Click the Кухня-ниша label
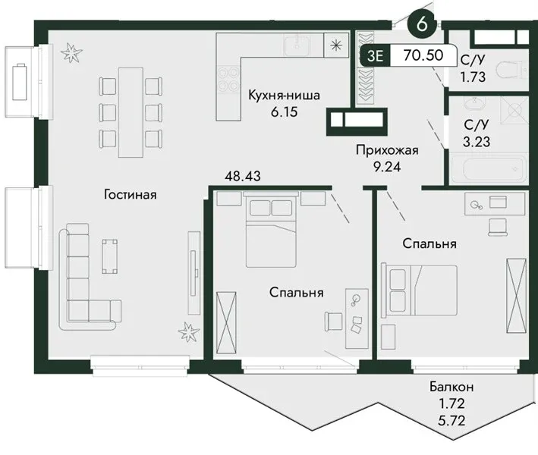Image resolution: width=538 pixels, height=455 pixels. point(284,95)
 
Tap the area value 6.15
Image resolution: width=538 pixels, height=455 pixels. point(284,111)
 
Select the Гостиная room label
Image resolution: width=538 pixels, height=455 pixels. point(130,195)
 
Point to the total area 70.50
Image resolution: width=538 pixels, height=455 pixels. point(423,55)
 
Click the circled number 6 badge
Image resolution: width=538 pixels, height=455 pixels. point(422,24)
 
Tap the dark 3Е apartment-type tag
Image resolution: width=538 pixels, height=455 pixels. point(375,55)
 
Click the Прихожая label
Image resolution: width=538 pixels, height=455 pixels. point(387,150)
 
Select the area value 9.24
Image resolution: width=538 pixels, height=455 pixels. point(387,167)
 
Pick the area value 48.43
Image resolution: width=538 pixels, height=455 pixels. point(243,176)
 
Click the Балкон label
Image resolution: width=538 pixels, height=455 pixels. point(451,387)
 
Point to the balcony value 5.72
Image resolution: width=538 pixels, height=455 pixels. point(451,419)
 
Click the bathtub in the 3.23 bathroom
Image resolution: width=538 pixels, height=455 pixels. point(488,169)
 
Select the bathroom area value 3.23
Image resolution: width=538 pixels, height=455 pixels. point(477,142)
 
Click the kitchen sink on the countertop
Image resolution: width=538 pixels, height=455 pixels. point(297,45)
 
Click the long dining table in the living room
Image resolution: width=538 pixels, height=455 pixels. point(131,112)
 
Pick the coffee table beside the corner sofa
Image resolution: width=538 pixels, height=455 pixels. point(109,256)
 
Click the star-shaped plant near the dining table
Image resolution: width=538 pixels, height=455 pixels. point(71,53)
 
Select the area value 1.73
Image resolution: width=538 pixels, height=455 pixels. point(473,77)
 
